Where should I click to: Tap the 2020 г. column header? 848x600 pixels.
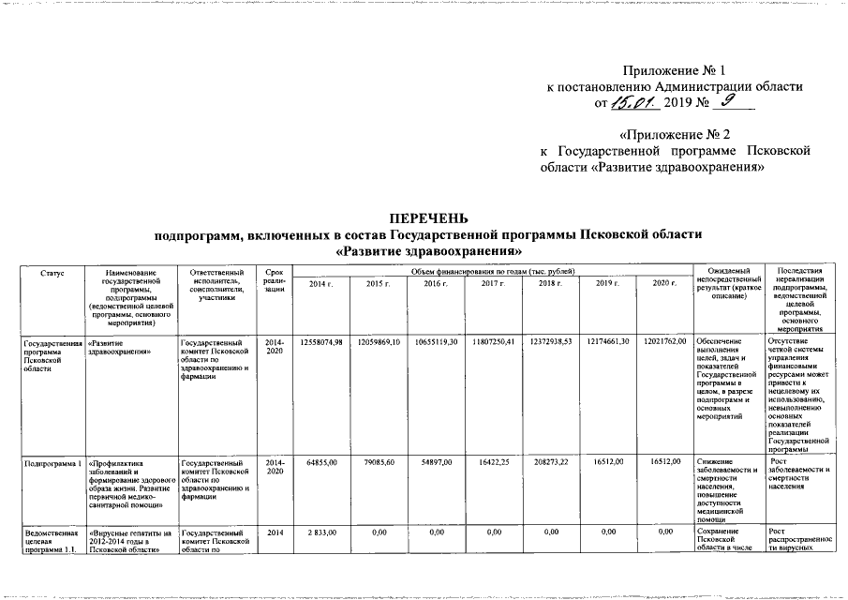click(x=662, y=283)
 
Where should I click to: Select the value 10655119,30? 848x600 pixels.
click(x=435, y=340)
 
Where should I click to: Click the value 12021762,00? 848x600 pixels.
click(x=665, y=340)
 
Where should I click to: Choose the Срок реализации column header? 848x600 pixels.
click(x=275, y=281)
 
